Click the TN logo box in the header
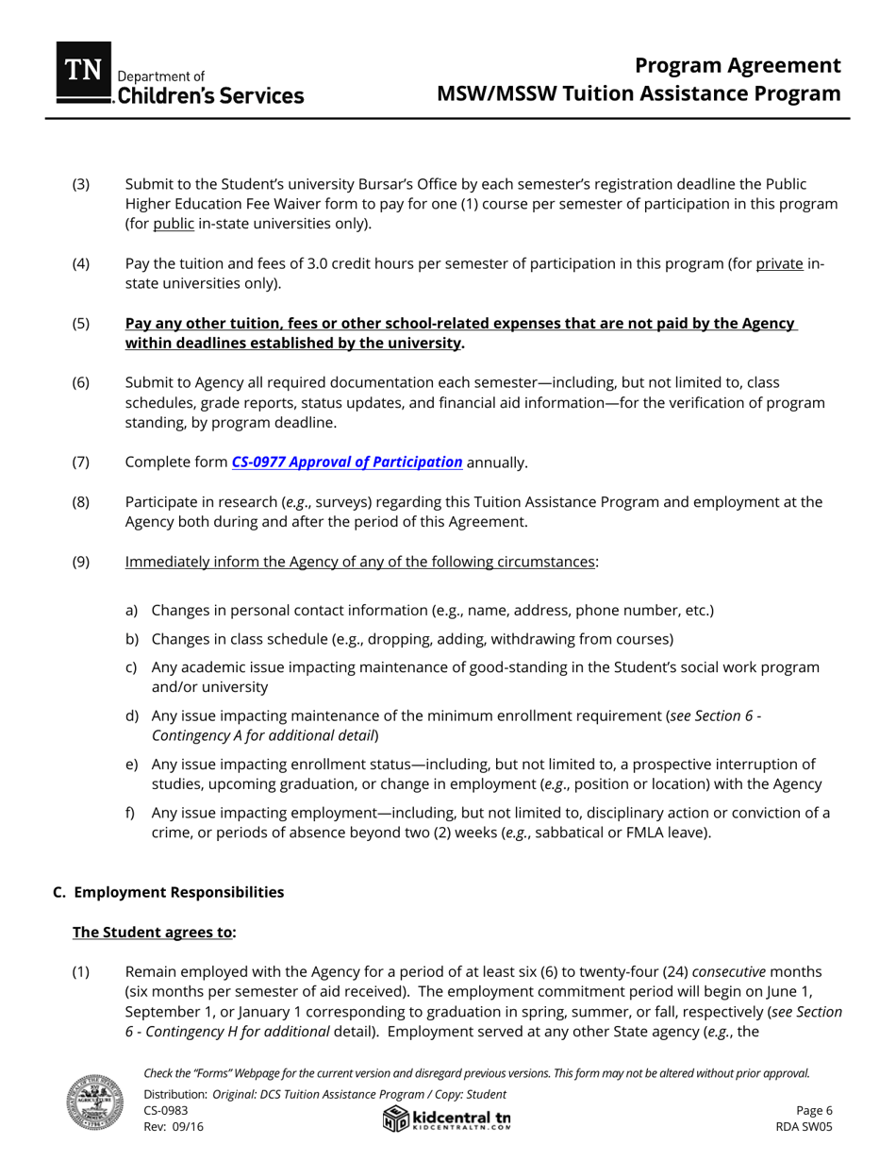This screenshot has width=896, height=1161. pos(84,72)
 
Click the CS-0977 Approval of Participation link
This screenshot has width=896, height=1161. pos(347,463)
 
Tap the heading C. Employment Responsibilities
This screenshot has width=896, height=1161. pos(169,892)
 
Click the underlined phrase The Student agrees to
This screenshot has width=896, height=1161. pos(152,933)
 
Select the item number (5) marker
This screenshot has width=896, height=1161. pos(81,324)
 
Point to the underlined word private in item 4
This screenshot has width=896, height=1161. pos(779,264)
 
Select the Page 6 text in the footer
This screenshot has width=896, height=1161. pos(814,1111)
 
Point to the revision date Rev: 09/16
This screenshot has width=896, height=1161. pos(174,1127)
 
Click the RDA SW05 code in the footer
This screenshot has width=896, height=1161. pos(804,1127)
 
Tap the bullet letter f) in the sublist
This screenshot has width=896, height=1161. pos(131,813)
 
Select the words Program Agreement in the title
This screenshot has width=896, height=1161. pos(737,65)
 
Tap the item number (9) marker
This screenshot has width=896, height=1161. pos(81,563)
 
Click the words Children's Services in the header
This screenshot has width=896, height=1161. pos(209,96)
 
